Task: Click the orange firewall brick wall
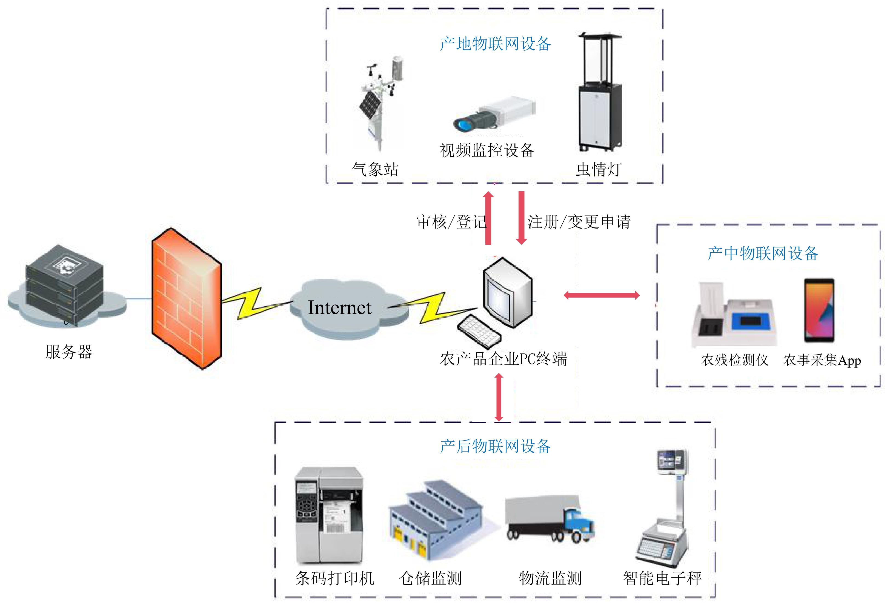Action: pyautogui.click(x=186, y=298)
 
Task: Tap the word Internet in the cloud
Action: pyautogui.click(x=339, y=308)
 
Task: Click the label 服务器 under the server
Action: pyautogui.click(x=69, y=352)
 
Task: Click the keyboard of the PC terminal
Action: pyautogui.click(x=479, y=331)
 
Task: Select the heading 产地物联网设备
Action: pyautogui.click(x=495, y=44)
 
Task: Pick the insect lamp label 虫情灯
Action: pyautogui.click(x=599, y=170)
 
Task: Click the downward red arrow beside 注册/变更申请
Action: pyautogui.click(x=521, y=218)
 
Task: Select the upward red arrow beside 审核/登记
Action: pyautogui.click(x=488, y=218)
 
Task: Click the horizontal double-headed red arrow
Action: pyautogui.click(x=602, y=295)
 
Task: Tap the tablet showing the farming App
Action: pyautogui.click(x=819, y=310)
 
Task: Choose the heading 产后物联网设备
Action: pyautogui.click(x=495, y=446)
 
